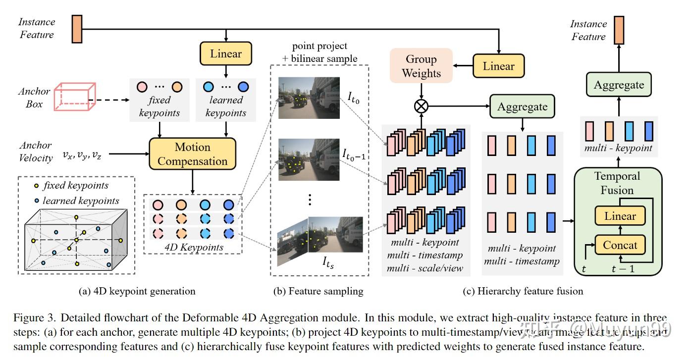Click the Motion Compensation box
(x=193, y=154)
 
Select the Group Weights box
(x=421, y=66)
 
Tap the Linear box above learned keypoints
(x=226, y=53)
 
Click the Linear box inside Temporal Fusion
(x=620, y=216)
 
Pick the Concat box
(x=620, y=245)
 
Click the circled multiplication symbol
(x=421, y=106)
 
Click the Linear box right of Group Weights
(x=498, y=66)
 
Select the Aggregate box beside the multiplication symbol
(x=522, y=106)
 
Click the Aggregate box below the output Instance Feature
(x=619, y=85)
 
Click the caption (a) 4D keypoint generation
(x=137, y=291)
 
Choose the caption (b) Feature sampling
(x=318, y=291)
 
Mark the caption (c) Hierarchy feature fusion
(x=523, y=291)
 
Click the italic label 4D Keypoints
(x=194, y=247)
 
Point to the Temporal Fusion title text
(x=617, y=183)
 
